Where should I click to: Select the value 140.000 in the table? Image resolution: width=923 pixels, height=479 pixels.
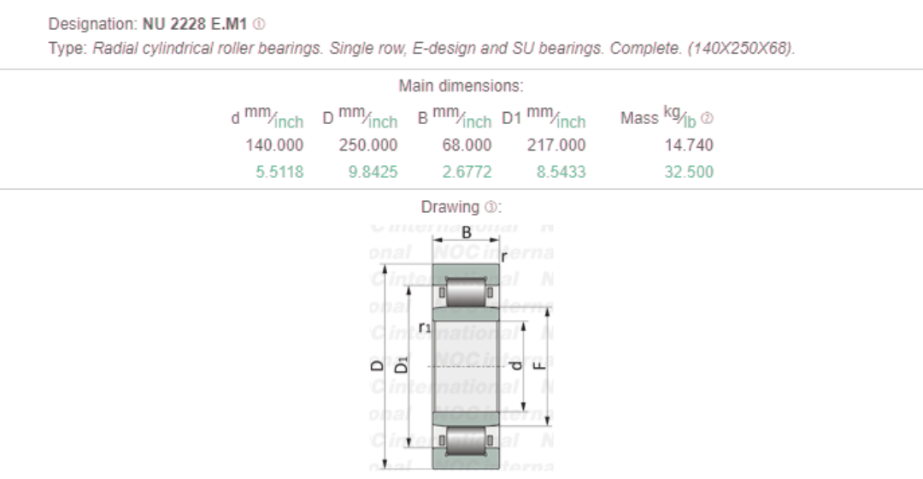[274, 145]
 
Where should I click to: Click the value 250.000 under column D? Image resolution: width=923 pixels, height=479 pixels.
[368, 145]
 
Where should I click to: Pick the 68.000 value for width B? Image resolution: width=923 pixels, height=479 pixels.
[467, 145]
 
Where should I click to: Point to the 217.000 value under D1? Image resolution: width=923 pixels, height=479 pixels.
[556, 145]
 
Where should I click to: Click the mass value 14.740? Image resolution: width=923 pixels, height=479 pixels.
[689, 145]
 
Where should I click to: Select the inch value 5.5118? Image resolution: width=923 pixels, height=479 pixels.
[279, 172]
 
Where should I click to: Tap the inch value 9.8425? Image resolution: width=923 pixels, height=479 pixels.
[373, 172]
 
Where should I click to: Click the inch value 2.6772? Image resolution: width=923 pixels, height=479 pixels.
[467, 172]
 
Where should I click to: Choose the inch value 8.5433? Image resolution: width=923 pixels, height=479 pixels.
[561, 172]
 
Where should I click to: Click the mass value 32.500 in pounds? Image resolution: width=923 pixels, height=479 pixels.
[689, 172]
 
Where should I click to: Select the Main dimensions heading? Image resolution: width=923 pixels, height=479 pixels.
[461, 86]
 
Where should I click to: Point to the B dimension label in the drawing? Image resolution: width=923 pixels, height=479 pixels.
[467, 233]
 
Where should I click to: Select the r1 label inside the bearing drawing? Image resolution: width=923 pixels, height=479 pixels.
[425, 326]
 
